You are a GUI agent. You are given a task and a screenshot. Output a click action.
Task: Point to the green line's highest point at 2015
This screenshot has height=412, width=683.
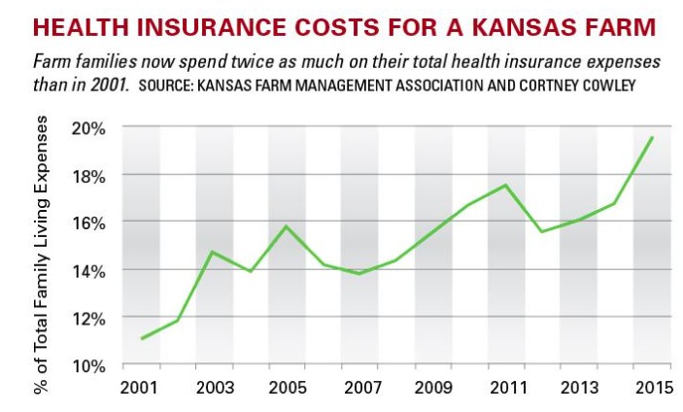pyautogui.click(x=652, y=137)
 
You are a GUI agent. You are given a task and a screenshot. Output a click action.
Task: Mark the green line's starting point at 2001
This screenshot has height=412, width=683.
pyautogui.click(x=142, y=338)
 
